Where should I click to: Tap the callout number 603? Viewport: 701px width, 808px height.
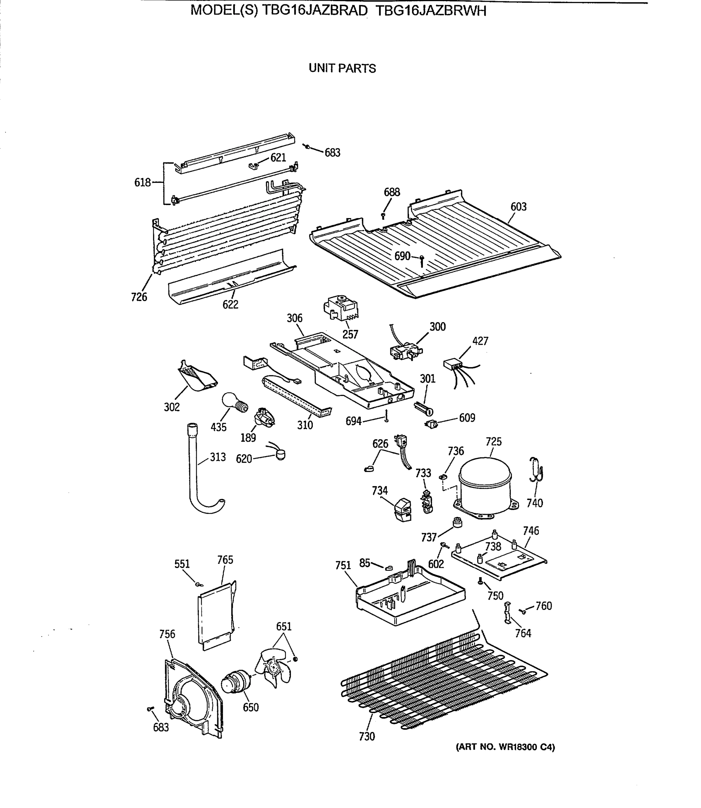pyautogui.click(x=518, y=207)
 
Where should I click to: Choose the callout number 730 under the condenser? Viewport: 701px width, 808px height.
pyautogui.click(x=367, y=736)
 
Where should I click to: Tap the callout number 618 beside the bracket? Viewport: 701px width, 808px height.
pyautogui.click(x=142, y=182)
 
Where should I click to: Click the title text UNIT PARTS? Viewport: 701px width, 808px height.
pyautogui.click(x=342, y=68)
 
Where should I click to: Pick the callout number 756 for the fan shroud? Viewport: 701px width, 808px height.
pyautogui.click(x=167, y=634)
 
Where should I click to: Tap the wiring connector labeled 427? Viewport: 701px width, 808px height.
pyautogui.click(x=451, y=366)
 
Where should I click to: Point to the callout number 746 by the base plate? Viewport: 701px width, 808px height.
pyautogui.click(x=531, y=531)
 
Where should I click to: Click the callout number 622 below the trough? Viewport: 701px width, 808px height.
pyautogui.click(x=230, y=305)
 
